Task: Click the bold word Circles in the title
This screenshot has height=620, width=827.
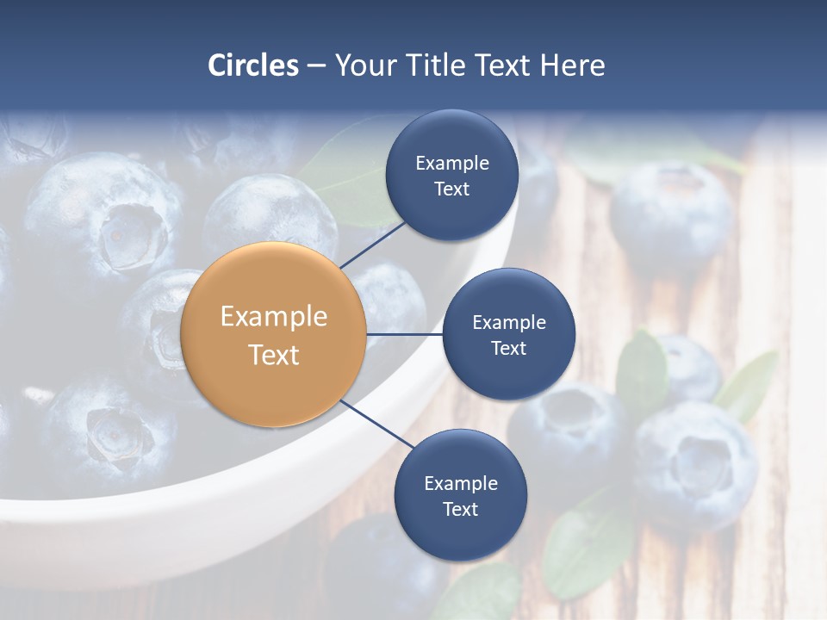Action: coord(252,65)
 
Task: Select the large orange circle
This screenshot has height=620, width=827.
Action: coord(273,335)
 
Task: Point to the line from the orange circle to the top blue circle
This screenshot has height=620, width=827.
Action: coord(372,245)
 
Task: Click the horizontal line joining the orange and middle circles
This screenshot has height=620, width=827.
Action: coord(404,334)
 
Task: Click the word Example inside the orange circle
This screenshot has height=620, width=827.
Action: coord(273,316)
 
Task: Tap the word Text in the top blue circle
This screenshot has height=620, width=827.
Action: coord(452,189)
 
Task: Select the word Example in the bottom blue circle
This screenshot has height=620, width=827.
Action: coord(460,483)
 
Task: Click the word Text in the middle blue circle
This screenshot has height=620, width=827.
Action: coord(508,348)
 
